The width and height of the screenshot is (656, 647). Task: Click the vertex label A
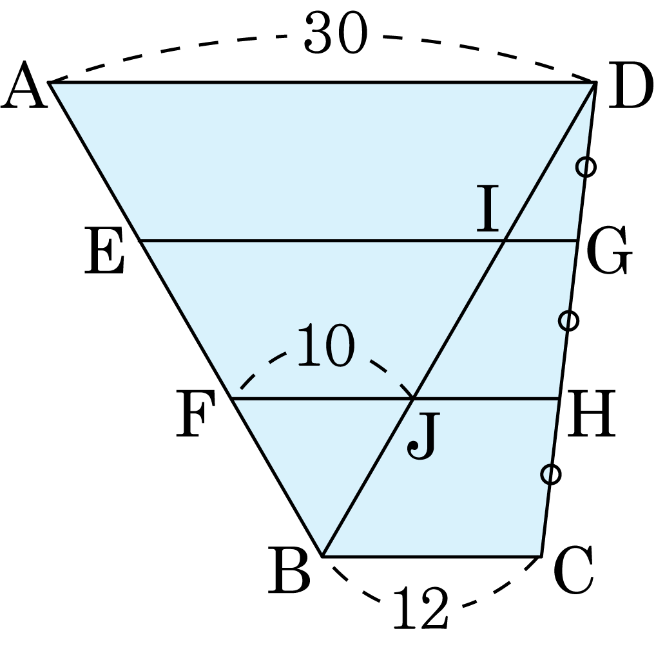24,85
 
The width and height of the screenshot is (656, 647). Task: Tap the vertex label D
630,85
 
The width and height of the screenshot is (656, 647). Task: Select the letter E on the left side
104,250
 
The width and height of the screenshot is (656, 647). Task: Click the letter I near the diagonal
488,208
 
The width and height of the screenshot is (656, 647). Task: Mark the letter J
423,436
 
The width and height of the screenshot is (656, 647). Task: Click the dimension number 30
336,32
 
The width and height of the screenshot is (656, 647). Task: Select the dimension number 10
326,345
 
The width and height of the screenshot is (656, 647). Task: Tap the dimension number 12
420,607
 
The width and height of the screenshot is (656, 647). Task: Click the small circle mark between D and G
586,167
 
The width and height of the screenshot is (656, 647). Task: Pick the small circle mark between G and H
568,321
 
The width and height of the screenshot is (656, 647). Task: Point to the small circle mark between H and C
550,475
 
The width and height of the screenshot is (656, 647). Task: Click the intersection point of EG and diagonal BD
505,241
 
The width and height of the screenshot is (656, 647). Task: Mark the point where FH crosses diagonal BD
413,399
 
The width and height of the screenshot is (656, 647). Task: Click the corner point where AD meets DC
595,82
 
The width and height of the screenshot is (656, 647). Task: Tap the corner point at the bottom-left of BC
323,556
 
